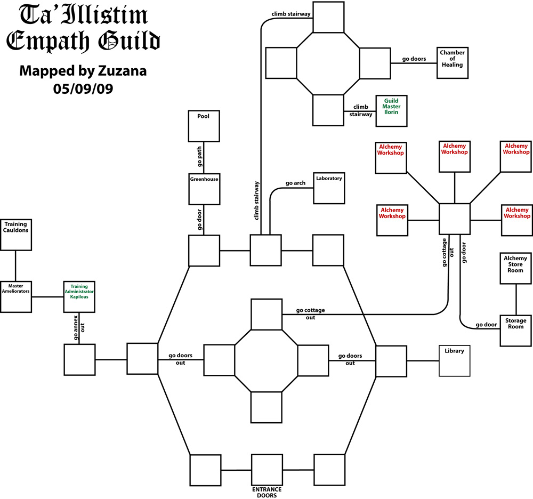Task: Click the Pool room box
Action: [204, 126]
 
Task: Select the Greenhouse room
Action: [204, 189]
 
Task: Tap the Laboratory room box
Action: [328, 188]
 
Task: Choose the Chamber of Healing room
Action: [452, 62]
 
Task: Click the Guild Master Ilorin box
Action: [391, 110]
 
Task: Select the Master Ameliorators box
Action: [15, 296]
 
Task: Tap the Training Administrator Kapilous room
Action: [79, 296]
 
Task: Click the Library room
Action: [454, 360]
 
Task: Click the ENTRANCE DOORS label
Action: [266, 492]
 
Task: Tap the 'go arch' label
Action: [295, 183]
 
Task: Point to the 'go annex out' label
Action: [79, 327]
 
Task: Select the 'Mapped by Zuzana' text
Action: [83, 71]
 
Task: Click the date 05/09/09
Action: [83, 87]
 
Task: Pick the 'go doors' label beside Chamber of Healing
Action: [414, 59]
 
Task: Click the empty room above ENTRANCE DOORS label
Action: [266, 470]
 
